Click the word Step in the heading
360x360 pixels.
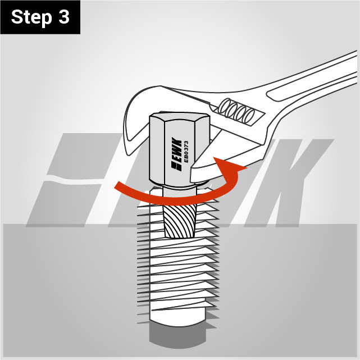click(31, 17)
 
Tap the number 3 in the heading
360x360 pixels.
click(64, 17)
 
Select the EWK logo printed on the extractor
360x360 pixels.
click(176, 154)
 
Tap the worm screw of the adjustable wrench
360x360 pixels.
click(236, 111)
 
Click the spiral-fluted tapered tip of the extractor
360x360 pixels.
click(179, 221)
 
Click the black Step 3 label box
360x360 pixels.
click(40, 17)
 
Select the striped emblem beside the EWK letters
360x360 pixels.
click(176, 166)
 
